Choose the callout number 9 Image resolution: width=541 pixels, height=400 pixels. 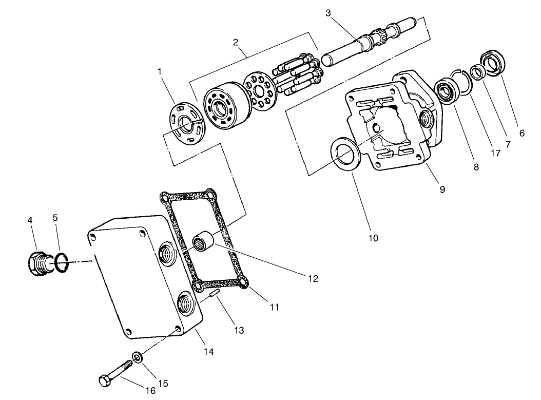[442, 189]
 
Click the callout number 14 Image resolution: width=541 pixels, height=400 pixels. [208, 352]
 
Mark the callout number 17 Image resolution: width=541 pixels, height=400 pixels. [495, 153]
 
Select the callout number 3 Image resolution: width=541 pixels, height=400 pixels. [328, 13]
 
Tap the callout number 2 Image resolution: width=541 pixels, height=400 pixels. [236, 42]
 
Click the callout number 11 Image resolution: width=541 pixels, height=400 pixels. [274, 307]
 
